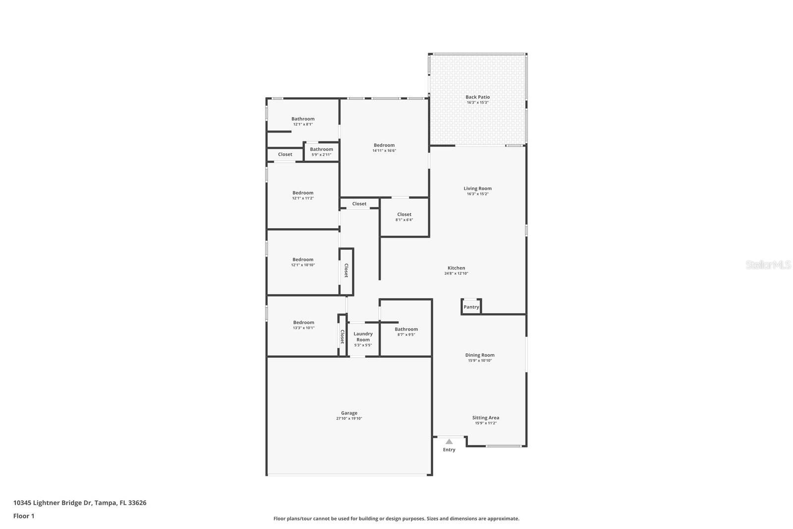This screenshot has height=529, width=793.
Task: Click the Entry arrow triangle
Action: (449, 441)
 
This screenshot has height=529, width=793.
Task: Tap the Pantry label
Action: (471, 307)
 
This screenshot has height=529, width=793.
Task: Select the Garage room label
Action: (349, 413)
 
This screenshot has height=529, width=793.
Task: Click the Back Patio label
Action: (477, 97)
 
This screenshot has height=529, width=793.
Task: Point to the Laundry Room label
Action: (363, 336)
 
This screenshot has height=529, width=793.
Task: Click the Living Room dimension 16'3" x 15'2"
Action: (477, 194)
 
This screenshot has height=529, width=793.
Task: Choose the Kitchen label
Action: (456, 268)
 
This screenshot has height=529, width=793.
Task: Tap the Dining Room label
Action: (479, 355)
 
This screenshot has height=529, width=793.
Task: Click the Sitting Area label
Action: (485, 418)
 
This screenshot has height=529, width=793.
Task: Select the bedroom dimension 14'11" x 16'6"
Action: (384, 151)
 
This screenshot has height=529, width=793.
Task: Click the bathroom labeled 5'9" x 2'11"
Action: (321, 155)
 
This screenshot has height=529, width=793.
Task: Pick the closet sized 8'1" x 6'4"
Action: (404, 220)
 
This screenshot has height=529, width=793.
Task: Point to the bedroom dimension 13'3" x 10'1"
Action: (303, 328)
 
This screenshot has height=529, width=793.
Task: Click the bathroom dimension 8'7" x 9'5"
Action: (406, 334)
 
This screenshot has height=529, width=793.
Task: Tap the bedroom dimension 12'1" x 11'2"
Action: (303, 198)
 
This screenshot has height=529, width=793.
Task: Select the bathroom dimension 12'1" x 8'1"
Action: (303, 125)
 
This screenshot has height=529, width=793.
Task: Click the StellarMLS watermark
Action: (768, 265)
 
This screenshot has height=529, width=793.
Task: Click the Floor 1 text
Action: (24, 516)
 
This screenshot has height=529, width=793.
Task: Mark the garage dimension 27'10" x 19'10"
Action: (349, 419)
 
